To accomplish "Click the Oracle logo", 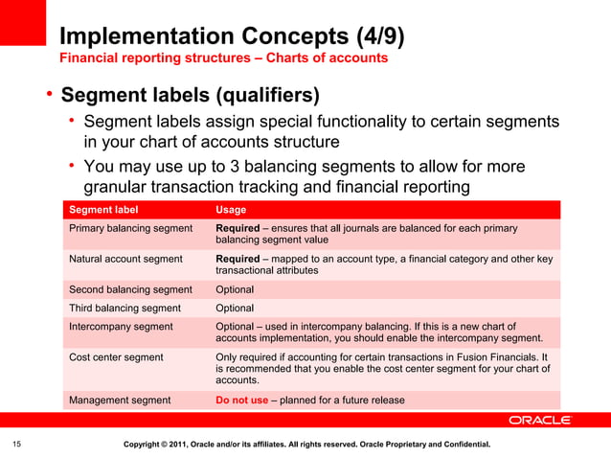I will tap(540, 421).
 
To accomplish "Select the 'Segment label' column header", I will tap(103, 210).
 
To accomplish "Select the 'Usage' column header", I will tap(231, 210).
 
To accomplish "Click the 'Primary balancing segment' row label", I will tap(130, 229).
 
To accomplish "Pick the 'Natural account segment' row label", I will tap(125, 259).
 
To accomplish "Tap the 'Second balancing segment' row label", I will tap(130, 289).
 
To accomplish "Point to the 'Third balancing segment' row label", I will tap(124, 309).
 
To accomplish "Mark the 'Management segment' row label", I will tap(120, 401).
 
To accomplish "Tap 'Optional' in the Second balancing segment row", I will tap(235, 289).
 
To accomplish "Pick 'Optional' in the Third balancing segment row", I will tap(235, 309).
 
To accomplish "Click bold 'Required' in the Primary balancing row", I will tap(238, 229).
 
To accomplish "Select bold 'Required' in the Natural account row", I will tap(238, 259).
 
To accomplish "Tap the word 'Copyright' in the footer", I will tap(148, 445).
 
